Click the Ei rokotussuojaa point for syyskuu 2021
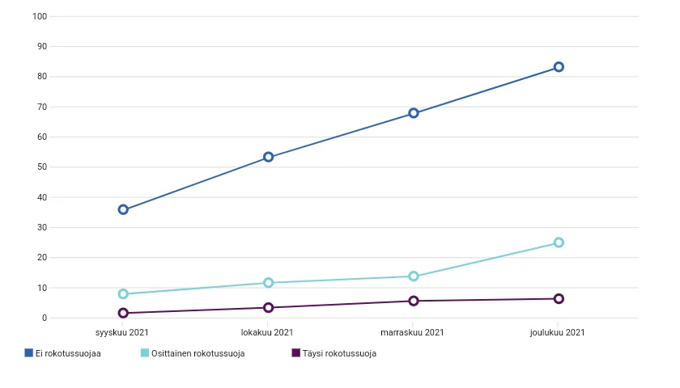tap(123, 209)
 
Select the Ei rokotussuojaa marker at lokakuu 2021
tap(269, 157)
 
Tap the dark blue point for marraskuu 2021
tap(414, 113)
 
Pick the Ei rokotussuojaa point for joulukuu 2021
tap(559, 67)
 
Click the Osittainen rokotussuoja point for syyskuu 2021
tap(123, 294)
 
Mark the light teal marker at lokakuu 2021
tap(269, 283)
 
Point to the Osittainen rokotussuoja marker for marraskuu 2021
tap(414, 276)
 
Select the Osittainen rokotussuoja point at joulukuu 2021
tap(559, 242)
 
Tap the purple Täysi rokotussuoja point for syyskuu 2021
tap(123, 313)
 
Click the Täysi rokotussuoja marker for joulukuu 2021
tap(559, 299)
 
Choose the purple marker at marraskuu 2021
tap(414, 301)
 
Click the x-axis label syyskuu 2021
tap(123, 332)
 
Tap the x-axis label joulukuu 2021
tap(559, 332)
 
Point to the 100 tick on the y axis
tap(40, 16)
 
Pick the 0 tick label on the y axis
tap(45, 318)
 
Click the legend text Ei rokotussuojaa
tap(68, 353)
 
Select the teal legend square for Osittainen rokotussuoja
tap(146, 352)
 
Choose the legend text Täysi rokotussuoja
tap(339, 353)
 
